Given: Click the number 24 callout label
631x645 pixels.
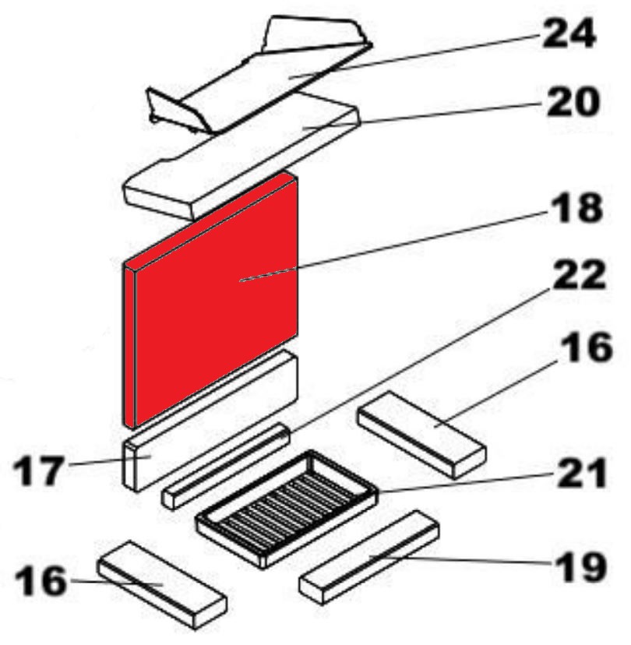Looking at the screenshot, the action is [569, 33].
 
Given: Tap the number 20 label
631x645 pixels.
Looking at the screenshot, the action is [573, 101].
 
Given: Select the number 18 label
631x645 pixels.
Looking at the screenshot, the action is [576, 208].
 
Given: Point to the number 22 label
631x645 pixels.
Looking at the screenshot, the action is [579, 275].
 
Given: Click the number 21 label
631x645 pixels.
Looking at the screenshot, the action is [582, 473].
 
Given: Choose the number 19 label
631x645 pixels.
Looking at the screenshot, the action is [581, 566].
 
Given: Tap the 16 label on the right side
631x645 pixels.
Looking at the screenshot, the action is [587, 347].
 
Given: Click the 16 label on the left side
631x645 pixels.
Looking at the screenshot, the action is [41, 580].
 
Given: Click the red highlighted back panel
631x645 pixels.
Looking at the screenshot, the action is [210, 299].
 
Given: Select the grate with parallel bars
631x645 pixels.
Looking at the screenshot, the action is [287, 509].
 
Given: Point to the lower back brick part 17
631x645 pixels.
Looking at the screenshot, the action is [210, 421].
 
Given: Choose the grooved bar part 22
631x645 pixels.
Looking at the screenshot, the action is [226, 466].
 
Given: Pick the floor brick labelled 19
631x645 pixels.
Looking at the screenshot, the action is [369, 557].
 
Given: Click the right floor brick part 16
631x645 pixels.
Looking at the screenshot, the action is [422, 435].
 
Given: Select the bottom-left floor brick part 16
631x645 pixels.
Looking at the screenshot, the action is [162, 584].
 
